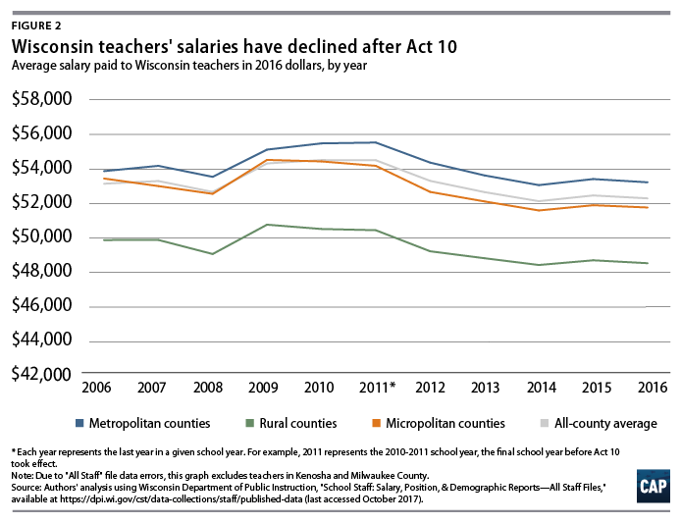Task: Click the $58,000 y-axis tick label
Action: click(42, 99)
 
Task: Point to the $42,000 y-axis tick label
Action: click(42, 374)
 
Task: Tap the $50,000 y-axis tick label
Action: click(42, 236)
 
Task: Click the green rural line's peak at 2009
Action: click(266, 225)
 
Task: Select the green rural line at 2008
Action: click(211, 254)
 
